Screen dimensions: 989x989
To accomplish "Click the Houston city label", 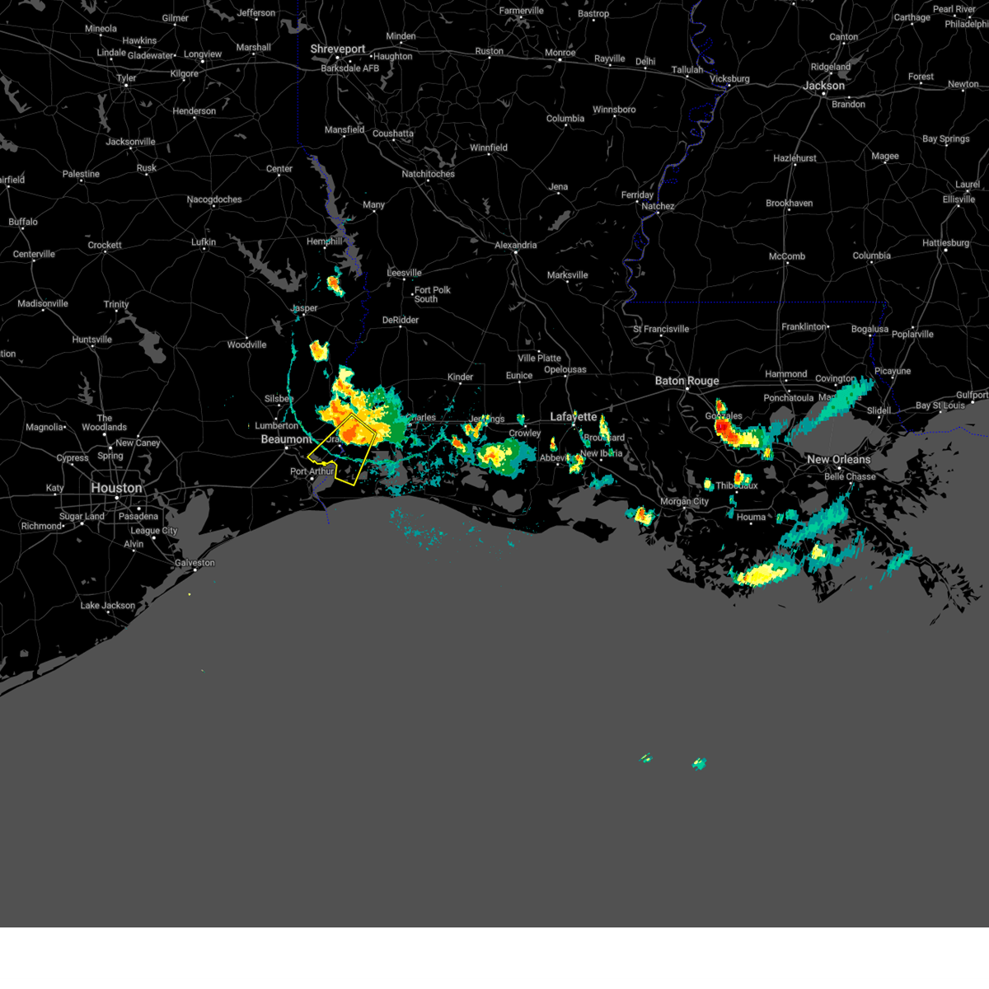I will [x=116, y=488].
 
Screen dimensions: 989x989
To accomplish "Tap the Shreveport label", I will [x=337, y=49].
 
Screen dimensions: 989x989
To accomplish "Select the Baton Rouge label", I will [x=687, y=381].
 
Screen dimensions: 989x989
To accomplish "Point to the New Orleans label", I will [x=838, y=460].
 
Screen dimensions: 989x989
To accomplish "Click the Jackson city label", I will [x=823, y=86].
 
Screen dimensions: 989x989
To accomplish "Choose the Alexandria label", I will [x=516, y=246].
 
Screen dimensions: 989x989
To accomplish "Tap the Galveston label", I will [x=195, y=563].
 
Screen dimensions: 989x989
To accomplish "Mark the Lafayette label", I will [x=573, y=417].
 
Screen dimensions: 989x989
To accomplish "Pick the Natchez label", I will [x=658, y=206].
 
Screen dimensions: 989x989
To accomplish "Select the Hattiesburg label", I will [x=945, y=243].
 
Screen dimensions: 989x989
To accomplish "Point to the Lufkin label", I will [x=204, y=242].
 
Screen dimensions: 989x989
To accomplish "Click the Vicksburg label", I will [x=729, y=79].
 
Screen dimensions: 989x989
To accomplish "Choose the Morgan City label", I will [x=684, y=502].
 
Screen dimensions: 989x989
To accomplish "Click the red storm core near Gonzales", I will [x=722, y=428].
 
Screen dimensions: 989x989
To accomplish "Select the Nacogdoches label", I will [x=214, y=199].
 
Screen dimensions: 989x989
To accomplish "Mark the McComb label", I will [x=786, y=256].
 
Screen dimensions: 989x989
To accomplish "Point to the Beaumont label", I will [x=286, y=439].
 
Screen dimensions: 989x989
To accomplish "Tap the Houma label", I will [x=751, y=518].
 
